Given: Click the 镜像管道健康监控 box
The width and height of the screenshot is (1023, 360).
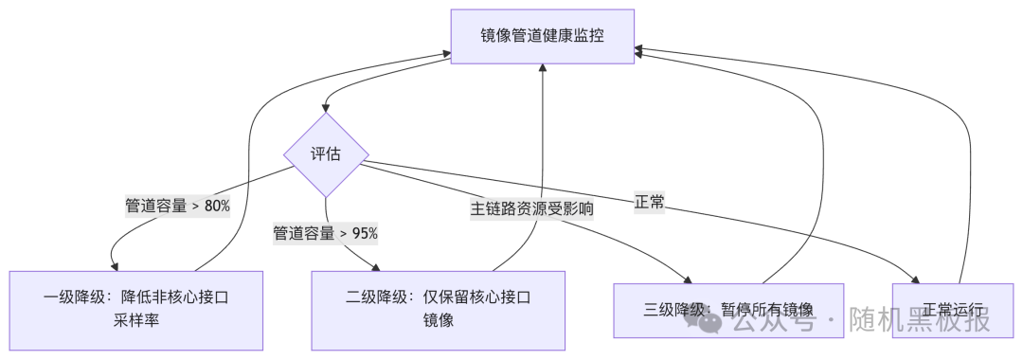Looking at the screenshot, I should [542, 37].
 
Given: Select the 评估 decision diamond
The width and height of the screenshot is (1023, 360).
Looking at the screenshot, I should [326, 155].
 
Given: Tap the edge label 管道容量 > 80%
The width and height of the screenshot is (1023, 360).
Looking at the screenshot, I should [178, 206].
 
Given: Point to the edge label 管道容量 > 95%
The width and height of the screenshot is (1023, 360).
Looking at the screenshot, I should [326, 233].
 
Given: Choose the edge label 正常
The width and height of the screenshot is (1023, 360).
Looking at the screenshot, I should [650, 203].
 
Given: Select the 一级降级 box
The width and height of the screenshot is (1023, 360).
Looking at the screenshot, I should [136, 310].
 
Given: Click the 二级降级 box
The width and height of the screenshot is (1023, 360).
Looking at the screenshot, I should [439, 310].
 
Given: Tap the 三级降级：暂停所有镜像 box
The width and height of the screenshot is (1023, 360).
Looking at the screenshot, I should [728, 310].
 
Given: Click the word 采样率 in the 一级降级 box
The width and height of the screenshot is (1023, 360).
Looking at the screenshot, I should [136, 321].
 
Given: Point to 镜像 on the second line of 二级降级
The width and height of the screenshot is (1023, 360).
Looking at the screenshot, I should [439, 321].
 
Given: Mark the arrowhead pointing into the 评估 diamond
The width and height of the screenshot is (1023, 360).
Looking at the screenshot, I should [326, 109].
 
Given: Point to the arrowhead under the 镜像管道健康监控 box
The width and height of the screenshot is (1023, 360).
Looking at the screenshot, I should [543, 69].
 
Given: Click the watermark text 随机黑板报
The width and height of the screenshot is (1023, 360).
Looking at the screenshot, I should [919, 321].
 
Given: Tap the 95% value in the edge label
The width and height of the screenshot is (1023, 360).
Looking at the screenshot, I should [365, 233].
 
